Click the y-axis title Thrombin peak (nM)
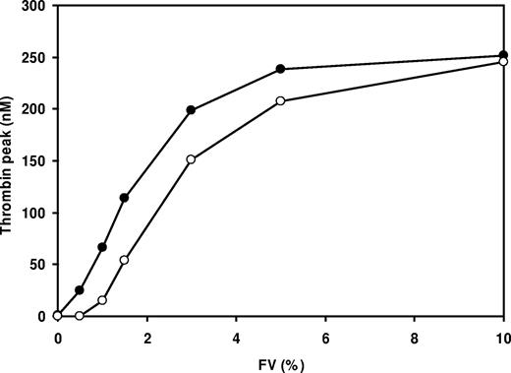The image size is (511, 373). click(x=9, y=158)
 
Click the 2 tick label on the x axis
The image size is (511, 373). click(x=147, y=336)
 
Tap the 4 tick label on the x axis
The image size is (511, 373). click(x=236, y=336)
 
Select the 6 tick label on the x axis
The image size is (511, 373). click(x=325, y=336)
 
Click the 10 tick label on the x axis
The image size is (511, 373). click(x=502, y=336)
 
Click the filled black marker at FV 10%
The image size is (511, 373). click(x=503, y=56)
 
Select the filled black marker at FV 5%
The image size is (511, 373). click(x=281, y=69)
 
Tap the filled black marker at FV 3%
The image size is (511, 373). click(x=191, y=110)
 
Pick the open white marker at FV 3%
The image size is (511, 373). click(x=191, y=159)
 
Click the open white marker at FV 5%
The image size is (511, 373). click(x=281, y=101)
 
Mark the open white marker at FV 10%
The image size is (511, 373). click(x=503, y=62)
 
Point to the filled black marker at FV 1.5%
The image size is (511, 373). click(x=124, y=198)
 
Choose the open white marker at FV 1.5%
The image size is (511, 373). click(x=124, y=260)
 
